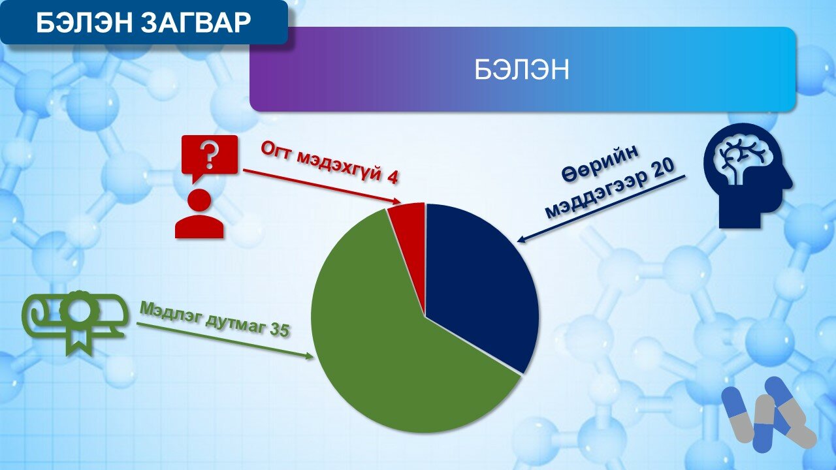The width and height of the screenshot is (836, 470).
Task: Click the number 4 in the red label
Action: coord(392,178)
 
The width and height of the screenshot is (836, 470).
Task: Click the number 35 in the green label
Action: coord(280,330)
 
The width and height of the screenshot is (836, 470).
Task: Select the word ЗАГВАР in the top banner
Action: coord(197,23)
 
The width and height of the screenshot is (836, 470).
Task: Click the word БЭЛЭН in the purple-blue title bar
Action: coord(522,69)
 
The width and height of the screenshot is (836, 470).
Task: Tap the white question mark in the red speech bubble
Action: coord(210,155)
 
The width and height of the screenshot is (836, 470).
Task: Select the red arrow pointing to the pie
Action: coord(322,187)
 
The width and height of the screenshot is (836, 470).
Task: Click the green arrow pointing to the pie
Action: coord(225,341)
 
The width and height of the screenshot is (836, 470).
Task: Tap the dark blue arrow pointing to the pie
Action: coord(602,209)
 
